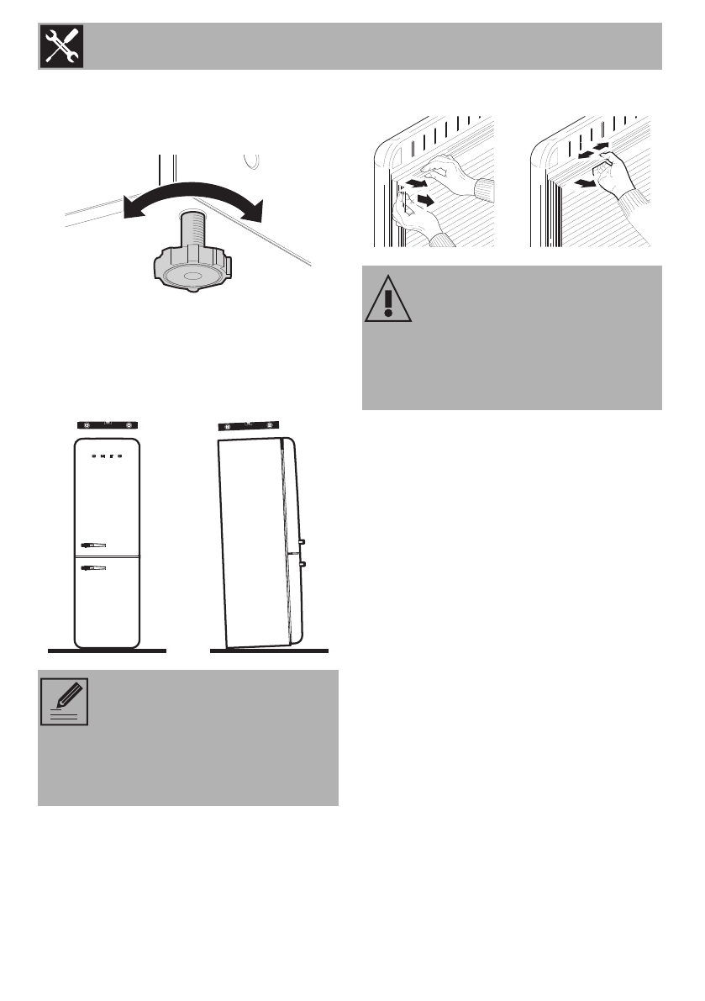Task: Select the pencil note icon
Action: pyautogui.click(x=65, y=701)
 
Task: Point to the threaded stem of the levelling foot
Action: pyautogui.click(x=193, y=231)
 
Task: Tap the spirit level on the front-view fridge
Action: pyautogui.click(x=106, y=425)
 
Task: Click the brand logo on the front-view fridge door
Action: pyautogui.click(x=106, y=457)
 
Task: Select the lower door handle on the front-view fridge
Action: pyautogui.click(x=92, y=569)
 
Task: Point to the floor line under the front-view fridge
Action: pyautogui.click(x=106, y=651)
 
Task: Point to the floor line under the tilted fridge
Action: pyautogui.click(x=268, y=651)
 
